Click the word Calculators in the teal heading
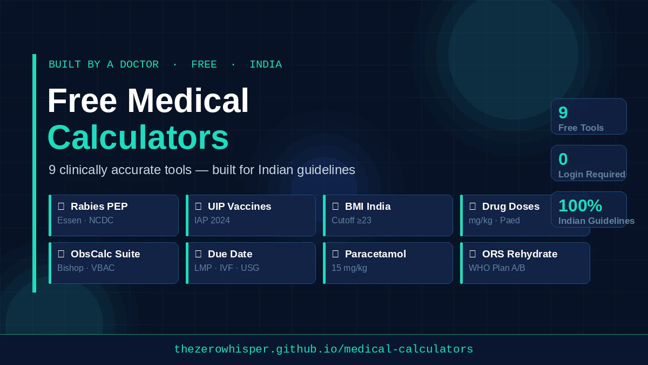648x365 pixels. tap(138, 137)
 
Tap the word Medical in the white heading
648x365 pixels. tap(188, 101)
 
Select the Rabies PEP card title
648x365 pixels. tap(99, 207)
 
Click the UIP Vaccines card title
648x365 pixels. tap(239, 207)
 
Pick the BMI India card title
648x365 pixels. tap(367, 207)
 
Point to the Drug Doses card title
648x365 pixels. tap(510, 207)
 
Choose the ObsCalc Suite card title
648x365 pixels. tap(105, 254)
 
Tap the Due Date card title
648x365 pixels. tap(230, 254)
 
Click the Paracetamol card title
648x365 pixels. tap(375, 254)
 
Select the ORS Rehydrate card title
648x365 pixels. tap(519, 254)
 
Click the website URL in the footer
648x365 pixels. tap(323, 349)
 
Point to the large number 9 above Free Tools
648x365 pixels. tap(563, 112)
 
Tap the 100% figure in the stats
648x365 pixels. tap(580, 205)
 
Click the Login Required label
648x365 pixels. tap(591, 175)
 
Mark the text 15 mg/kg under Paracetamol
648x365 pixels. tap(349, 268)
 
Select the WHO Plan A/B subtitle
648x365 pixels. tap(497, 268)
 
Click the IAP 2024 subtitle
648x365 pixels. tap(212, 221)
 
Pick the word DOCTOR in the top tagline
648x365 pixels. tap(139, 65)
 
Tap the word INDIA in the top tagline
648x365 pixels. tap(265, 65)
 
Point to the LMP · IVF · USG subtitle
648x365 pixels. tap(227, 268)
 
